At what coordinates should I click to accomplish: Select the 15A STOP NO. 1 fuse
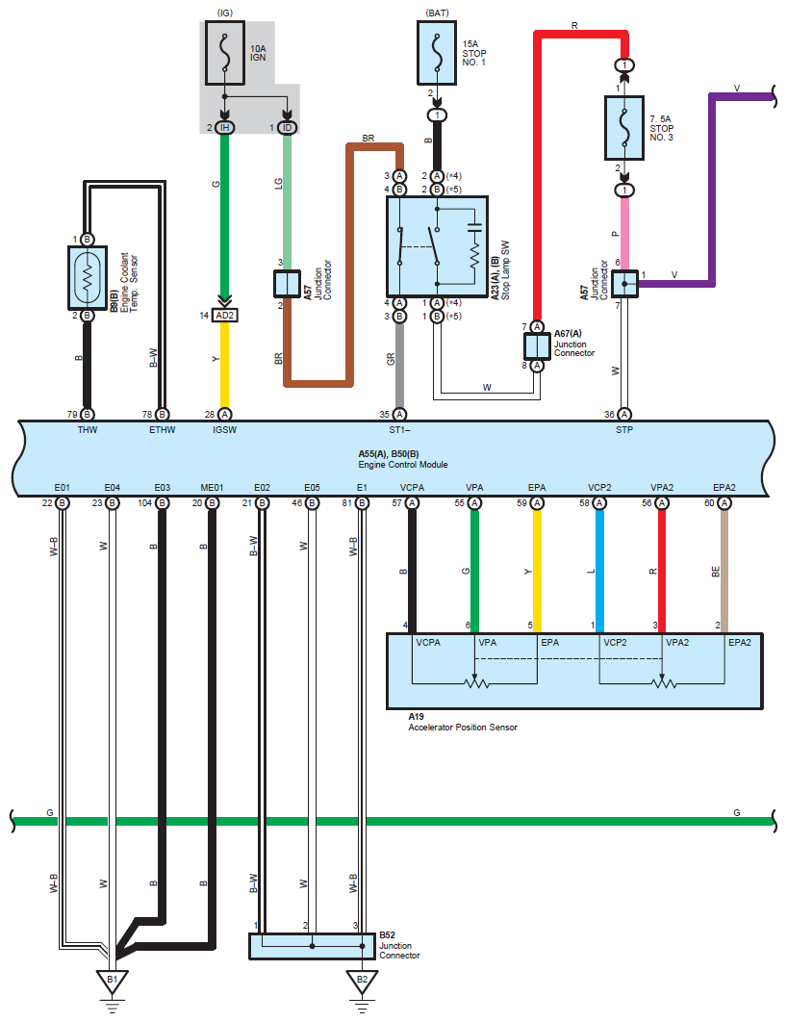point(438,53)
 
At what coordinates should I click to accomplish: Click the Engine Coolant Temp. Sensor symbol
point(87,276)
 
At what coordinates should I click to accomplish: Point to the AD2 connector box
point(224,315)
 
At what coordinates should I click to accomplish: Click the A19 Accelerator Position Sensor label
point(462,723)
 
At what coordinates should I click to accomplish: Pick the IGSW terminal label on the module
point(223,431)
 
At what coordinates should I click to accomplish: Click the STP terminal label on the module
point(624,431)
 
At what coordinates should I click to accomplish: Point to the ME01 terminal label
point(212,488)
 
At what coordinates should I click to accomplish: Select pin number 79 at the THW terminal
point(72,414)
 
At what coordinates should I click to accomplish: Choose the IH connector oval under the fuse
point(224,128)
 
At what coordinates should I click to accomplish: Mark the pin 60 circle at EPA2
point(724,502)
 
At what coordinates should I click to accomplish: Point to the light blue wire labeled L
point(599,573)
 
